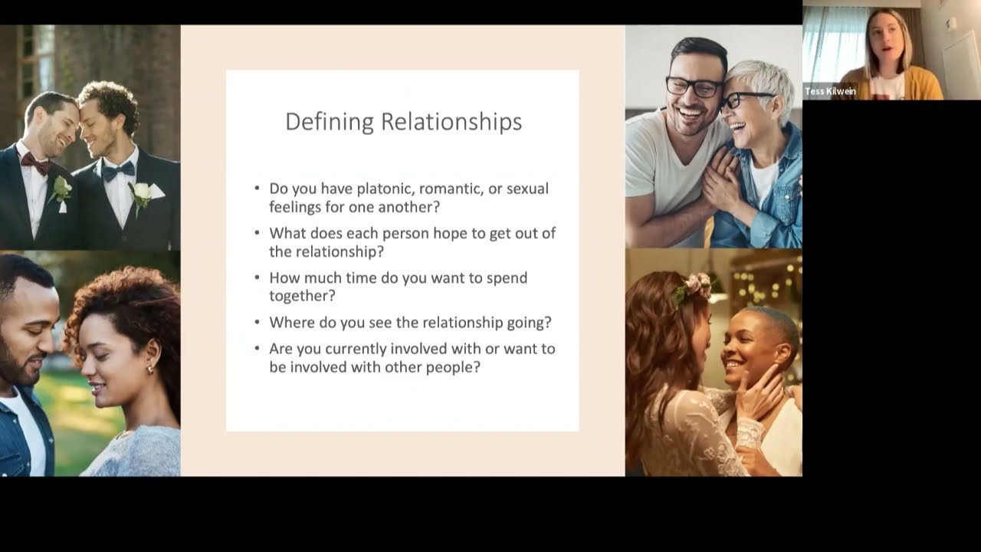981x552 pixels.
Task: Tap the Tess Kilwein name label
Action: coord(830,91)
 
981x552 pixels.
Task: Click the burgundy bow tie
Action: coord(36,162)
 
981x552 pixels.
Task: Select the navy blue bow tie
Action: coord(118,171)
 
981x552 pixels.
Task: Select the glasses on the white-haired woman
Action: coord(742,100)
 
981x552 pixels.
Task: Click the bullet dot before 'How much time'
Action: coord(258,278)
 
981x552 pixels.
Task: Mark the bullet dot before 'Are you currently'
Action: coord(258,349)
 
